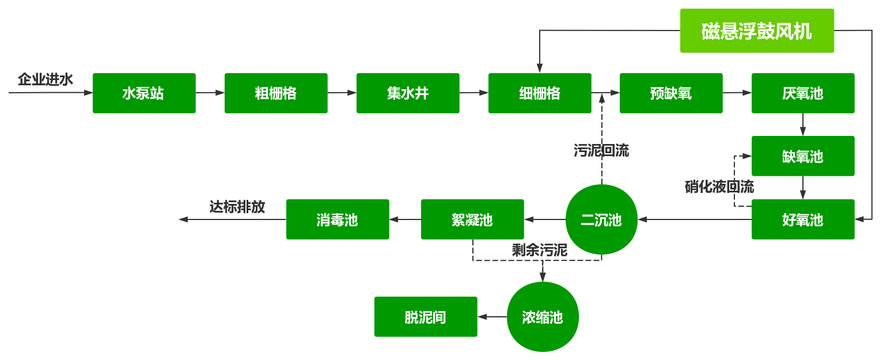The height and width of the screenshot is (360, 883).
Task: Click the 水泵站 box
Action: tap(144, 93)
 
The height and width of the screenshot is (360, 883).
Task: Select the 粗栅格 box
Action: tap(276, 93)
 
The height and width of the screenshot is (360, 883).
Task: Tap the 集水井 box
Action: tap(408, 93)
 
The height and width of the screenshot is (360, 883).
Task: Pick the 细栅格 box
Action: tap(540, 93)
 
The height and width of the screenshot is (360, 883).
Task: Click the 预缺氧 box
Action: tap(671, 93)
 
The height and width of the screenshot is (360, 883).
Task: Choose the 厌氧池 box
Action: tap(803, 93)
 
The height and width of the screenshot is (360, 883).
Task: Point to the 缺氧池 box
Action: tap(803, 156)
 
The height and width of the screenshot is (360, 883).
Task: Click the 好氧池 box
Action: tap(803, 219)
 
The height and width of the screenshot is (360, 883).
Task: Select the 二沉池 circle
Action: tap(601, 219)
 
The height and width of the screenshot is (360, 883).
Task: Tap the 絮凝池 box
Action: tap(472, 219)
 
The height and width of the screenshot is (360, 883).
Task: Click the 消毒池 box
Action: tap(338, 219)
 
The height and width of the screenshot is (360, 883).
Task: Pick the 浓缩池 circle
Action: tap(543, 317)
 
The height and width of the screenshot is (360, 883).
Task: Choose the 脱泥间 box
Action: tap(426, 317)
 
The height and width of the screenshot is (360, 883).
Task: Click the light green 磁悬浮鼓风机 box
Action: tap(757, 31)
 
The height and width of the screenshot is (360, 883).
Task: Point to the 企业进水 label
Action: tap(46, 79)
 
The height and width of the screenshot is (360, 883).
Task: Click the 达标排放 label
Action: tap(237, 207)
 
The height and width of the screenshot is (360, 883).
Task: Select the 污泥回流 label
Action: tap(601, 151)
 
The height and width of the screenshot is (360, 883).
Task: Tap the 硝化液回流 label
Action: tap(719, 187)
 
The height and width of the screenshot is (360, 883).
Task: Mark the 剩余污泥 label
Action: tap(540, 250)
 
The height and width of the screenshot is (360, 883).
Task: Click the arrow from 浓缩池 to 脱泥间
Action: tap(492, 317)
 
